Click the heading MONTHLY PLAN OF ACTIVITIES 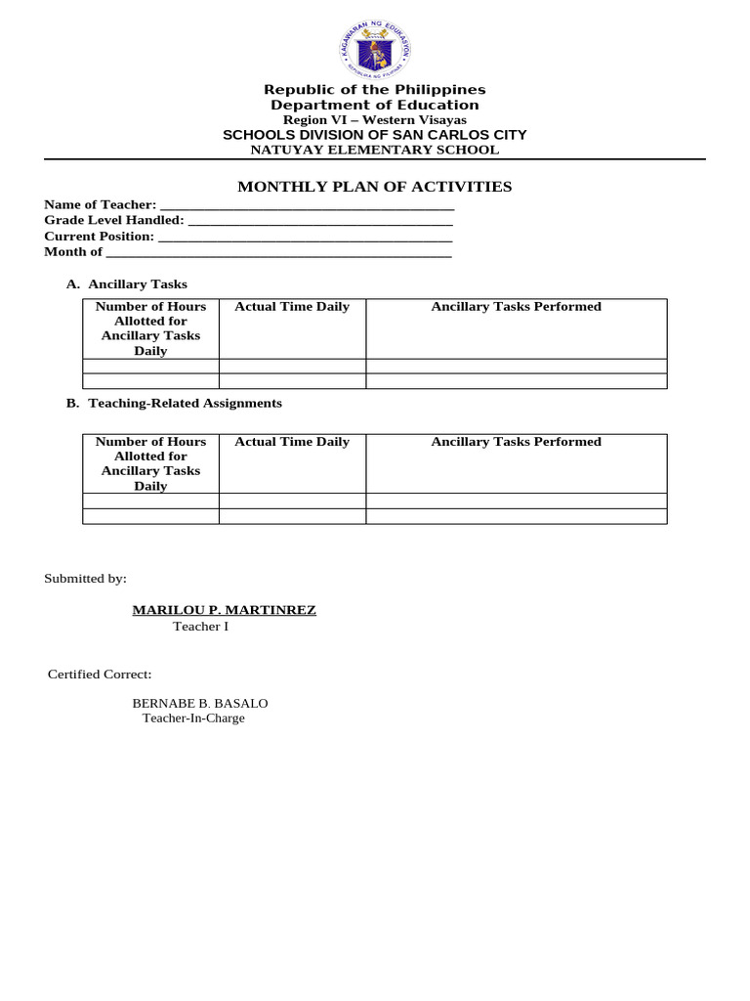click(375, 187)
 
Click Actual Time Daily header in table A click(292, 307)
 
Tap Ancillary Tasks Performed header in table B click(517, 442)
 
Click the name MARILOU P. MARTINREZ click(225, 610)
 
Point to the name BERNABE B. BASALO click(200, 703)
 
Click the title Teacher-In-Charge click(193, 718)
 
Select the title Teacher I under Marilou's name click(201, 627)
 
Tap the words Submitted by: click(86, 579)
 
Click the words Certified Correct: click(100, 675)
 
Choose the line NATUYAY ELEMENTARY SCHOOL click(375, 150)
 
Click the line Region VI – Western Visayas click(375, 119)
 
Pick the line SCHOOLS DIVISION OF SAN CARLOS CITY click(375, 135)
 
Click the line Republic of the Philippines click(375, 90)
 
